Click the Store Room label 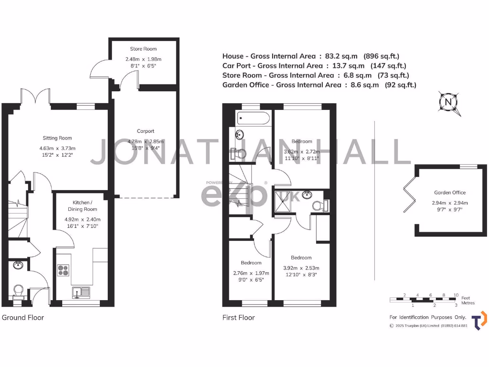tap(143, 49)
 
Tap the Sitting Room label tap(57, 138)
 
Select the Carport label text tap(145, 131)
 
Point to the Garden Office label tap(450, 193)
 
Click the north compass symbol tap(448, 102)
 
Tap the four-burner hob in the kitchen tap(64, 270)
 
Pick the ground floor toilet tap(19, 291)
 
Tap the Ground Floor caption tap(23, 317)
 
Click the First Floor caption tap(238, 317)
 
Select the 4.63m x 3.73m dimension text tap(57, 148)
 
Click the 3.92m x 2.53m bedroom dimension tap(301, 268)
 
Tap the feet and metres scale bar tap(425, 299)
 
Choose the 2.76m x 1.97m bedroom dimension tap(251, 273)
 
